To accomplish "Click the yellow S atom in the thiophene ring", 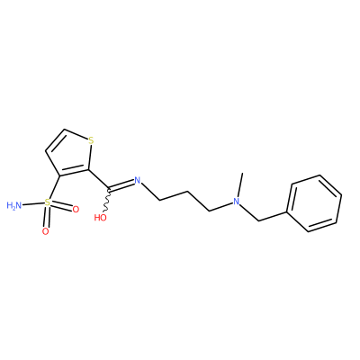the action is (91, 140).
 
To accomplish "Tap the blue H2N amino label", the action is (14, 205).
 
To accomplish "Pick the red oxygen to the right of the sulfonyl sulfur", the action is (76, 209).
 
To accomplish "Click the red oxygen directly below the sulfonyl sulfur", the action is (45, 231).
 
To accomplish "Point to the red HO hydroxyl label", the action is (101, 218).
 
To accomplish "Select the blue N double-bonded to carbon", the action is (138, 181).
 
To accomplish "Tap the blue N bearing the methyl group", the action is (237, 202).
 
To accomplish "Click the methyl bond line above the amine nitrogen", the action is (239, 184).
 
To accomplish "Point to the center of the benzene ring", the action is (314, 203).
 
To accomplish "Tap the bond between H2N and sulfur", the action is (33, 204).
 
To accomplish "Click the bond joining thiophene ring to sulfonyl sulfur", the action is (55, 187).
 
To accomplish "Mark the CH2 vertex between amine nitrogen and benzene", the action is (258, 220).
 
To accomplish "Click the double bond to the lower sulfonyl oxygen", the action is (46, 217).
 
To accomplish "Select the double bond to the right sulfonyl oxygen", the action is (61, 206).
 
